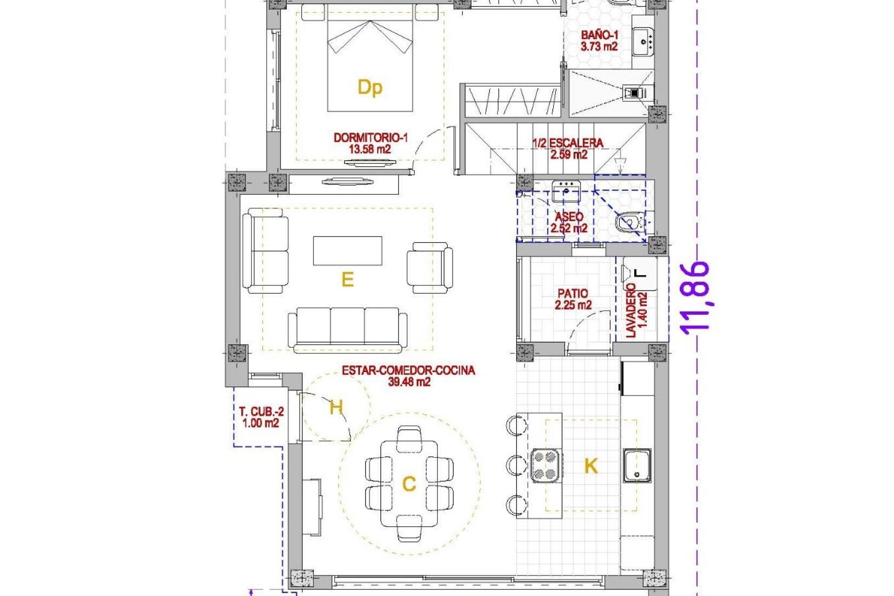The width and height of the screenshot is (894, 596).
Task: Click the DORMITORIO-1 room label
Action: (x=370, y=138)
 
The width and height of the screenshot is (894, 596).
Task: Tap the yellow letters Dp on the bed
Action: (x=370, y=88)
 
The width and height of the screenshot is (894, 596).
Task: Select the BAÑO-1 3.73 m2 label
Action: (x=599, y=41)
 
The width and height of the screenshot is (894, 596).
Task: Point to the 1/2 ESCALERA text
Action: (x=568, y=143)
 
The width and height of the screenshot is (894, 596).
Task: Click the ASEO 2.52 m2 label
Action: (x=569, y=223)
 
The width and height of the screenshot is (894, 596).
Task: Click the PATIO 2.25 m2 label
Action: (x=573, y=299)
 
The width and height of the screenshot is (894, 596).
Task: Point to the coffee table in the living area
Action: (x=347, y=251)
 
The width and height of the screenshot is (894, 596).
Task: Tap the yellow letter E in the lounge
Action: (x=347, y=280)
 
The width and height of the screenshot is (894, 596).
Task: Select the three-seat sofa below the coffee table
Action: (x=347, y=329)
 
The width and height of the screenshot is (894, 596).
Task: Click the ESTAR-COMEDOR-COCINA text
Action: (x=408, y=371)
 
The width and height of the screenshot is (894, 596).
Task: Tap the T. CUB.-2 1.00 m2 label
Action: (x=261, y=417)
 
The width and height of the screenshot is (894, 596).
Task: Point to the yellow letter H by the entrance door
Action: (x=336, y=408)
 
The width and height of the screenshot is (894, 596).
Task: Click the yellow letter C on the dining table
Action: (x=409, y=484)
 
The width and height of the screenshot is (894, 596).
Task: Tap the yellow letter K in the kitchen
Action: (x=591, y=466)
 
